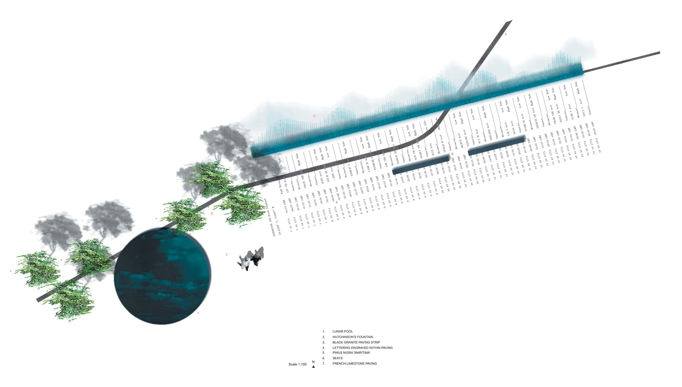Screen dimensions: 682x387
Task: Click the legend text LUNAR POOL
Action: (x=342, y=331)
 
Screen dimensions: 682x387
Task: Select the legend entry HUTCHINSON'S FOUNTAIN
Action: (x=352, y=337)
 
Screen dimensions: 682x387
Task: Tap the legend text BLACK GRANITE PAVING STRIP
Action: (x=356, y=342)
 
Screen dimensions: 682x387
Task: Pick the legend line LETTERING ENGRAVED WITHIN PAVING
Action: (x=362, y=348)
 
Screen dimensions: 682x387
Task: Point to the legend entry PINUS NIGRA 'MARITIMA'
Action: (x=351, y=353)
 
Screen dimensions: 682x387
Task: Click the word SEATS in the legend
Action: (x=337, y=358)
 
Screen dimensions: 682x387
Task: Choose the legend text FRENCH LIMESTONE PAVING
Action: (x=354, y=364)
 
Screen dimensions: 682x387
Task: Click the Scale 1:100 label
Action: (x=297, y=364)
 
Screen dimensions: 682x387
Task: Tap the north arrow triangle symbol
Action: (x=313, y=367)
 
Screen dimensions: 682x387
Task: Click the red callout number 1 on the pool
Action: (x=198, y=313)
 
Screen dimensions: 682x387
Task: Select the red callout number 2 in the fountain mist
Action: (x=314, y=116)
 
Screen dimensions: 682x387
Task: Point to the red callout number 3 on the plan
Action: (x=505, y=34)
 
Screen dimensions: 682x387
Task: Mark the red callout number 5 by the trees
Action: (x=212, y=214)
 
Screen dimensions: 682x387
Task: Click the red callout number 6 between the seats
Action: (x=452, y=154)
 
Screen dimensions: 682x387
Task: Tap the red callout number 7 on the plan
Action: (x=226, y=255)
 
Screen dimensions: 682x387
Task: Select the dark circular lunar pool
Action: (x=162, y=275)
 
